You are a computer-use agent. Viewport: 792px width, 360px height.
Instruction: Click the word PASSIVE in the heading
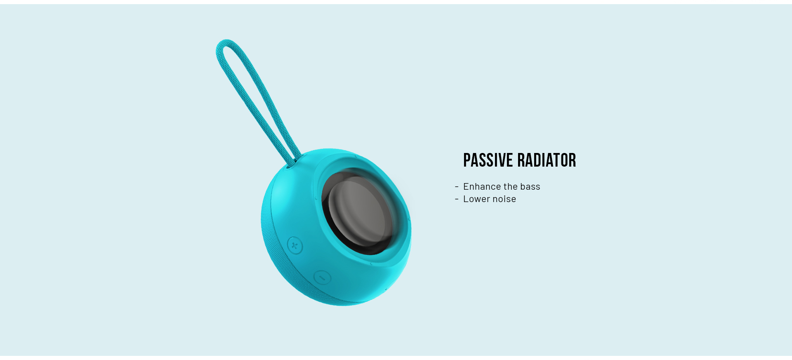[x=488, y=160]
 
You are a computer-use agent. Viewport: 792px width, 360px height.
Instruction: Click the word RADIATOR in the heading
[x=547, y=160]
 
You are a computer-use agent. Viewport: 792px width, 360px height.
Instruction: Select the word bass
[x=530, y=186]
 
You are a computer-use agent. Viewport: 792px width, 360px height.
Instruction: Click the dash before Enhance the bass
[x=457, y=187]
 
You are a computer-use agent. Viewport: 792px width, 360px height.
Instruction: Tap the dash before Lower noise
[x=457, y=199]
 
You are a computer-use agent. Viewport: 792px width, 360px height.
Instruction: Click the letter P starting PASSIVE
[x=467, y=160]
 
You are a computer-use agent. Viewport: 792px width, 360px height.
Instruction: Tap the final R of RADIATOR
[x=573, y=160]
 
